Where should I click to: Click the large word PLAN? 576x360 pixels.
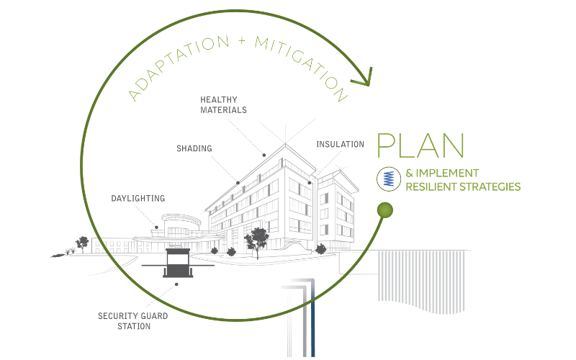coord(421,145)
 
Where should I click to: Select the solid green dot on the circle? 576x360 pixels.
coord(385,210)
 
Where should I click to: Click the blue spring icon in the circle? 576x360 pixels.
coord(388,179)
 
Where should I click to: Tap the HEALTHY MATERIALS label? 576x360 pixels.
coord(224,104)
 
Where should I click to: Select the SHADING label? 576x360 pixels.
coord(194,148)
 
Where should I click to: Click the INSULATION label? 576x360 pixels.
coord(340,144)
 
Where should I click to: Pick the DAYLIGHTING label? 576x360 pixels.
coord(138,197)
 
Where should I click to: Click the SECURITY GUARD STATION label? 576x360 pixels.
coord(125,320)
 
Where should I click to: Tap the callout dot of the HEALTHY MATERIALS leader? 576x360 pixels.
coord(264,155)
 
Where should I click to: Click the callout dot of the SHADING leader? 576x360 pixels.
coord(238,181)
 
